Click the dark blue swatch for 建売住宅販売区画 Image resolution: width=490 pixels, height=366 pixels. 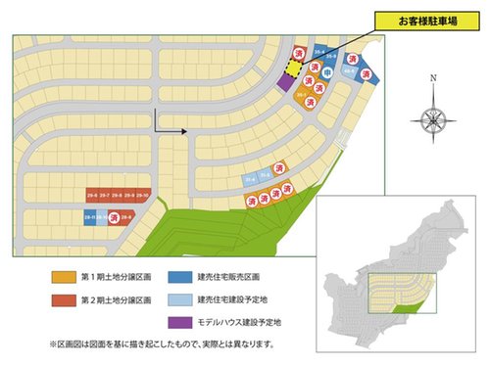[179, 275]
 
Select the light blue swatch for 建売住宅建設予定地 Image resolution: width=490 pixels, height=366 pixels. [179, 298]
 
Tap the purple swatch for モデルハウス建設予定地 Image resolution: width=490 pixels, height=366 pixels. [179, 321]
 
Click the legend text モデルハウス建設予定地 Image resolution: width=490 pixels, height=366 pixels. [240, 321]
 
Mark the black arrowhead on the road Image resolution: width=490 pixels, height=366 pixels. [183, 130]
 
